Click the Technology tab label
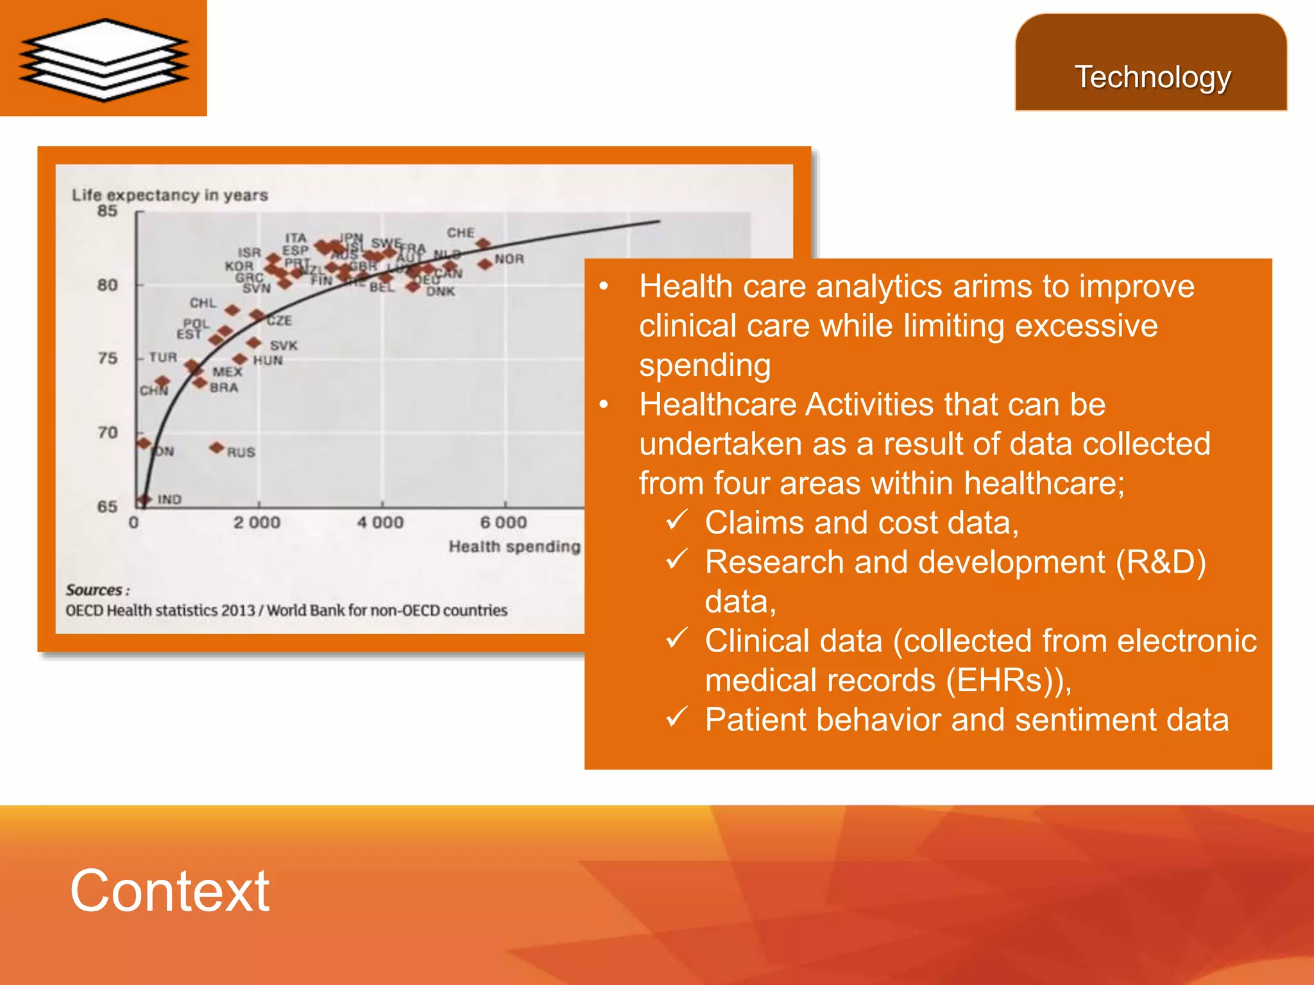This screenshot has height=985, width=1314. [x=1152, y=77]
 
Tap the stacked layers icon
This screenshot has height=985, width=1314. [x=103, y=59]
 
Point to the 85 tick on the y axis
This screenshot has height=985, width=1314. [x=108, y=211]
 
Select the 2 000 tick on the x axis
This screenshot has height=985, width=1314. [x=257, y=523]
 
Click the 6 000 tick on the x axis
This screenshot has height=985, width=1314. [x=504, y=523]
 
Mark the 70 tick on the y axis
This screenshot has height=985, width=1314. [x=108, y=432]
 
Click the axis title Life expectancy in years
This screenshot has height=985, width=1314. [x=170, y=195]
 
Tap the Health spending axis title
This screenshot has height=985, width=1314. [x=514, y=546]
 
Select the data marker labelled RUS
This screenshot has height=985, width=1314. [x=218, y=447]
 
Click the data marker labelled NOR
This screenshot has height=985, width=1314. [x=485, y=264]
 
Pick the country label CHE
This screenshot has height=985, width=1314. [x=461, y=233]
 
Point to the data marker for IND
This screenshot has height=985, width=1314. [x=144, y=500]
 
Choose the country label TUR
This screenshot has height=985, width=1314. [x=163, y=357]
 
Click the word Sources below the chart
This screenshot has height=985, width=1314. [x=94, y=590]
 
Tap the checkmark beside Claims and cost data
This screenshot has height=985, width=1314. [x=676, y=520]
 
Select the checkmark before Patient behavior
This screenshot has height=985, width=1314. [x=676, y=717]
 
